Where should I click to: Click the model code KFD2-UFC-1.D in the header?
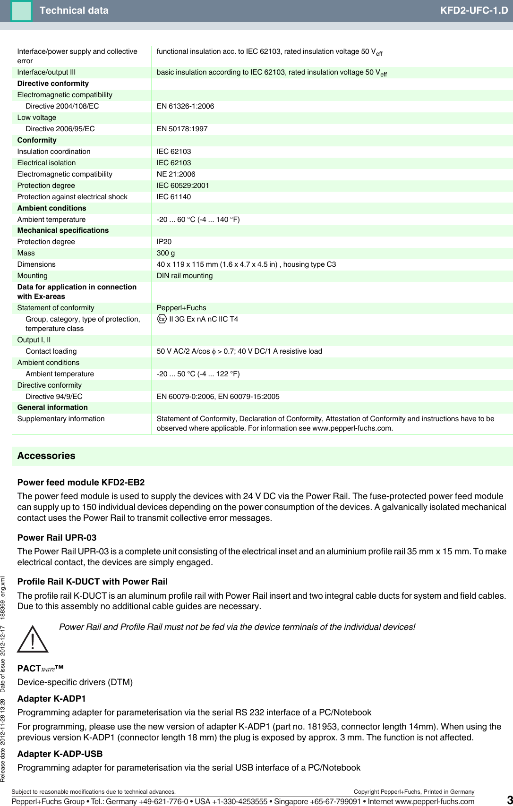coord(474,10)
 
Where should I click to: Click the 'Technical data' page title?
coord(74,10)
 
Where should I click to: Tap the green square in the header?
coord(21,11)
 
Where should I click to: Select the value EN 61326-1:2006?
coord(185,106)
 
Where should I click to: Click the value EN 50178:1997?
coord(182,129)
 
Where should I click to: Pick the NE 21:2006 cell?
coord(176,174)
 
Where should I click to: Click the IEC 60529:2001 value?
coord(183,186)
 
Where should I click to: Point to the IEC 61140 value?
coord(174,197)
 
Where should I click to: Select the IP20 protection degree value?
coord(164,242)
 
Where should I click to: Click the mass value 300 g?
coord(165,253)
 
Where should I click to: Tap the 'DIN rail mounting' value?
coord(185,276)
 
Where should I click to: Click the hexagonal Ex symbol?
coord(162,319)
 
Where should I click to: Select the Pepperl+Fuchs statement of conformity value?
coord(181,308)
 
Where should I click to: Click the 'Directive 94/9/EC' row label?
coord(54,397)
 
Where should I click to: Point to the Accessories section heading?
coord(46,456)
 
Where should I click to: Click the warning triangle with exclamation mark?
coord(32,639)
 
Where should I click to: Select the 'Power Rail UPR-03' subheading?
coord(57,537)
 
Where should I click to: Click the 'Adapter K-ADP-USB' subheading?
coord(60,754)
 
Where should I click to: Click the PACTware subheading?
coord(40,668)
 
